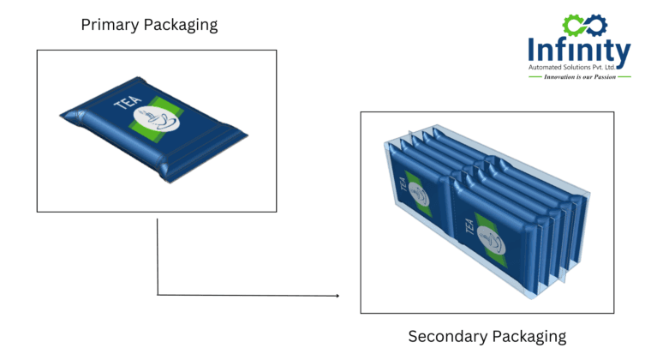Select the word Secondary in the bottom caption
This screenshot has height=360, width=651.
click(x=445, y=336)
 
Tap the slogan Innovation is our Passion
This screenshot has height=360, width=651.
click(x=579, y=77)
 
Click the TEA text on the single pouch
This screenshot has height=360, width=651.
click(x=125, y=104)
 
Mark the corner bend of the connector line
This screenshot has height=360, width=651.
click(x=158, y=295)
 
